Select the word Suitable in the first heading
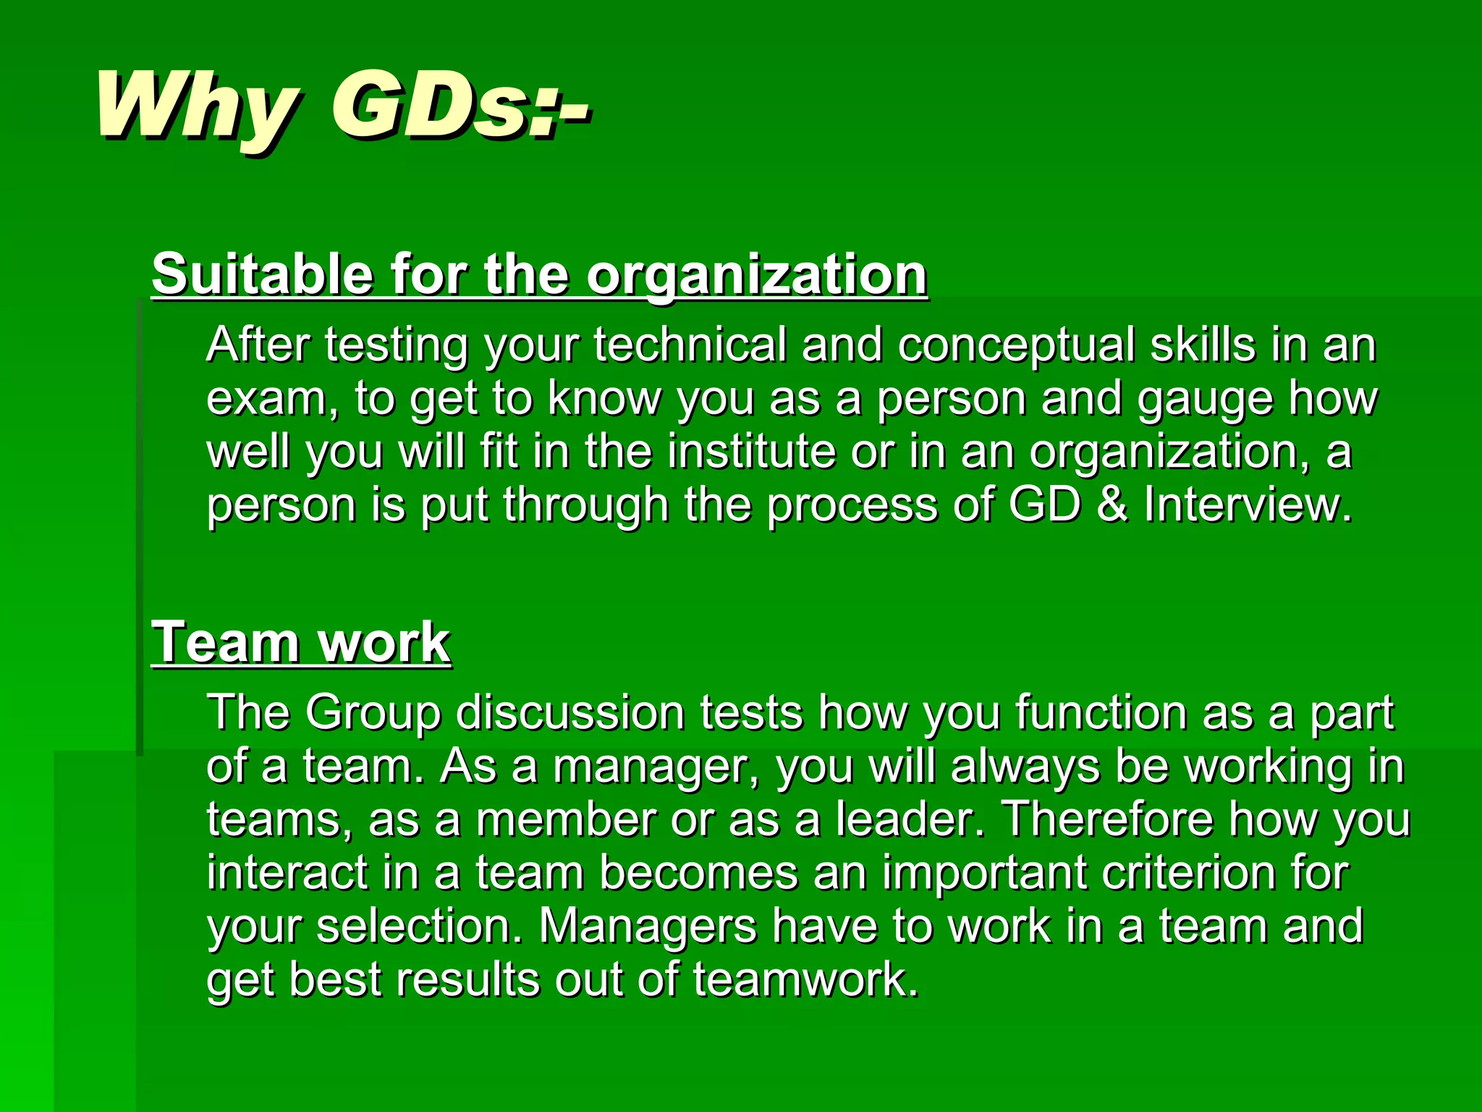(263, 274)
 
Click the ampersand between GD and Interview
(1112, 505)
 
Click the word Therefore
(1107, 820)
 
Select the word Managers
(648, 927)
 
